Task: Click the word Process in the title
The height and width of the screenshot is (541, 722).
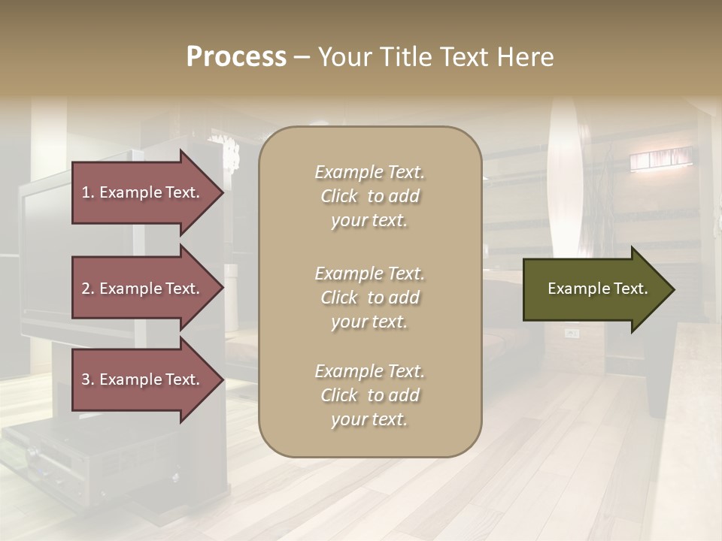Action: point(236,57)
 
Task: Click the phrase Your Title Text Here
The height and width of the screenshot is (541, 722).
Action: point(436,57)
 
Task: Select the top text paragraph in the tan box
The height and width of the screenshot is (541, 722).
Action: point(369,196)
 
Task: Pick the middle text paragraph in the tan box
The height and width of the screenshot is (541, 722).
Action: point(369,298)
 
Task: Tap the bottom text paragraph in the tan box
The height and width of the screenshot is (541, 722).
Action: point(369,395)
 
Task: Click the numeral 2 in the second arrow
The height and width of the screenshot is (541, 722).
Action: point(86,289)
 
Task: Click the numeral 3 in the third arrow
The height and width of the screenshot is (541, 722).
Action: point(86,379)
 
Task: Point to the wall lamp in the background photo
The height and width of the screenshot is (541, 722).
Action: point(660,159)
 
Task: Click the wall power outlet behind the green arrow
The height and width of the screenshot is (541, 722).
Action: point(572,332)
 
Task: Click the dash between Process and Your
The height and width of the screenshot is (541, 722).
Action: point(302,57)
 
